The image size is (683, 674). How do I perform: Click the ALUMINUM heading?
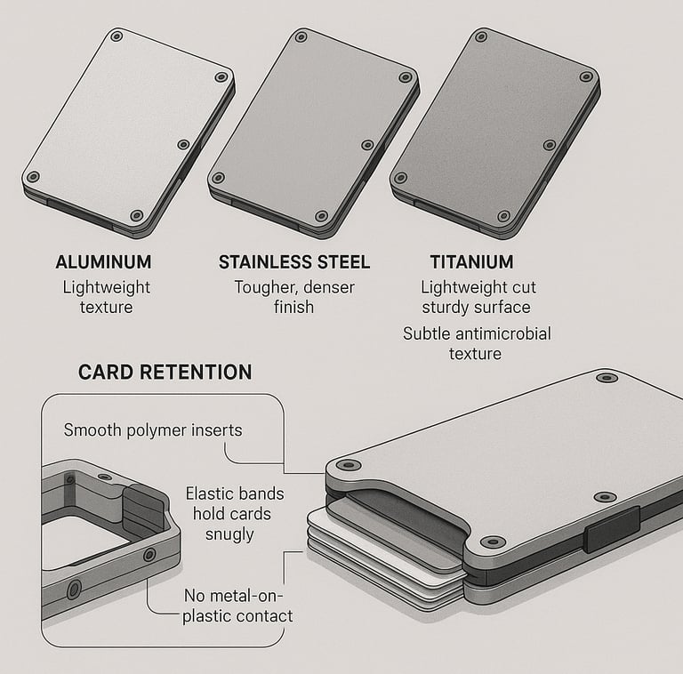[x=104, y=262]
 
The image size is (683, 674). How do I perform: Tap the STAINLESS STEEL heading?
[x=294, y=262]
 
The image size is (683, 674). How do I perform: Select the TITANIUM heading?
[x=471, y=262]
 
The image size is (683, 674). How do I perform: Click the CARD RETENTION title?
[x=165, y=373]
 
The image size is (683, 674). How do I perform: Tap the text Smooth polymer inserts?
[x=153, y=430]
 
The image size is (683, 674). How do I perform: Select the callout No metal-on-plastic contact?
[x=237, y=606]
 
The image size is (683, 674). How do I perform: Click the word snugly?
[x=229, y=534]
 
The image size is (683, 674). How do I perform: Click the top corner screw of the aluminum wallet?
[x=117, y=36]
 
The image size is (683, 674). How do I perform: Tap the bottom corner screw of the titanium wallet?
[x=503, y=216]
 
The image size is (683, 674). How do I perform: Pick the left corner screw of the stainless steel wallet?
[x=218, y=178]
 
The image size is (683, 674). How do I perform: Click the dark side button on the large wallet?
[x=612, y=529]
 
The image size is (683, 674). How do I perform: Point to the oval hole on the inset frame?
[x=74, y=590]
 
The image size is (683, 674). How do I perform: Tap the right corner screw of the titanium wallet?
[x=586, y=77]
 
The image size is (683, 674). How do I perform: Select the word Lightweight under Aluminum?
[x=107, y=288]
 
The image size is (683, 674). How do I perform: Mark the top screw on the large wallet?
[x=607, y=378]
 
